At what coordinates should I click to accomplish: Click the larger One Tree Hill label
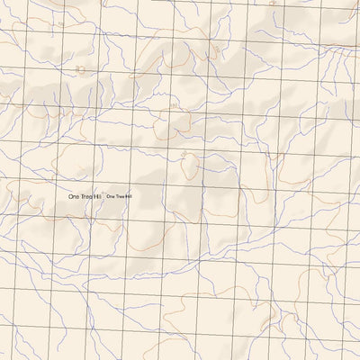tap(86, 196)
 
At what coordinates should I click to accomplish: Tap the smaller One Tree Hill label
tap(119, 196)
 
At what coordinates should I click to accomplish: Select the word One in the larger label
tap(74, 196)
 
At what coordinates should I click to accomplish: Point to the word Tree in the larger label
tap(87, 196)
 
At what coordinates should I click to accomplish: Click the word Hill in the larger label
tap(100, 196)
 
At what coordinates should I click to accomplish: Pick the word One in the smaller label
tap(110, 196)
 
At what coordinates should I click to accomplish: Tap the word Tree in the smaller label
tap(119, 196)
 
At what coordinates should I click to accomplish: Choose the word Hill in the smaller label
tap(128, 196)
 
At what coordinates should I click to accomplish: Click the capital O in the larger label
tap(70, 196)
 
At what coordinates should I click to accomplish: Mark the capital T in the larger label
tap(82, 196)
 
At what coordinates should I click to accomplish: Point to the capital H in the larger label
tap(96, 196)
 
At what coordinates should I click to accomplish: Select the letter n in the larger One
tap(75, 196)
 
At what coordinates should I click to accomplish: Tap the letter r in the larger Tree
tap(85, 196)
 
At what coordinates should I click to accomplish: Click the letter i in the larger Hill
tap(100, 196)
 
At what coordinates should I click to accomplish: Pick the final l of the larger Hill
tap(103, 196)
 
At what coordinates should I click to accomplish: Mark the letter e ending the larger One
tap(78, 196)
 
